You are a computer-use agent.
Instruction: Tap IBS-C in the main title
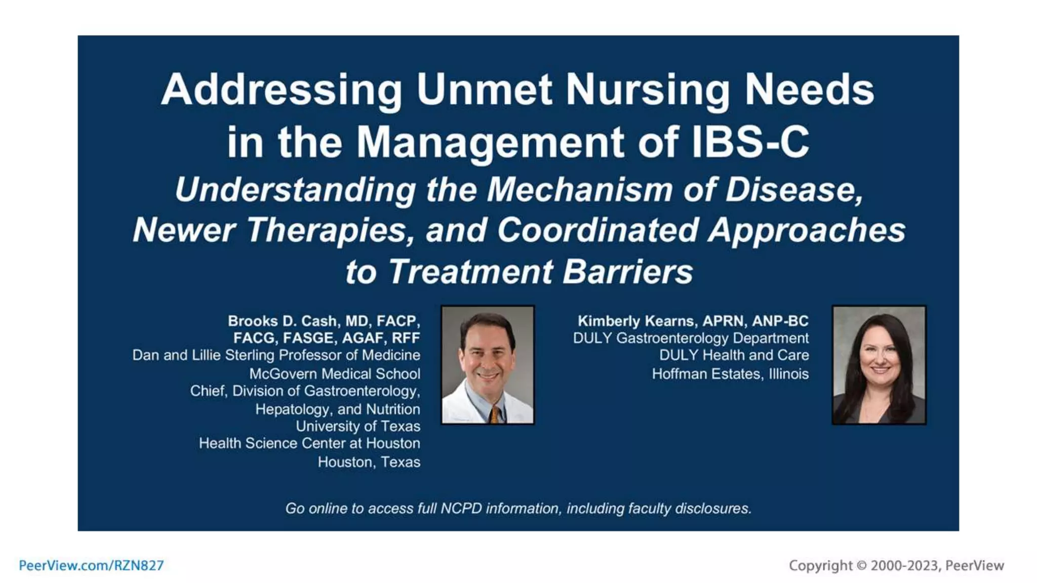tap(750, 142)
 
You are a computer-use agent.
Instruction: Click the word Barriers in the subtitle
tap(627, 272)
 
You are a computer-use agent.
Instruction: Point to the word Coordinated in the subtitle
tap(597, 230)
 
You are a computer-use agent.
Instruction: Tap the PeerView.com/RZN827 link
tap(91, 565)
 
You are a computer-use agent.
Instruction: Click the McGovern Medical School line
tap(334, 373)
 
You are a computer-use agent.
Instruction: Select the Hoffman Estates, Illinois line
tap(730, 373)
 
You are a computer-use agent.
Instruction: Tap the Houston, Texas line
tap(369, 462)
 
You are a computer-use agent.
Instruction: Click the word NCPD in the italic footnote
tap(461, 508)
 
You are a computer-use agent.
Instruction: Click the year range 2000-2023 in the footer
tap(904, 565)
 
